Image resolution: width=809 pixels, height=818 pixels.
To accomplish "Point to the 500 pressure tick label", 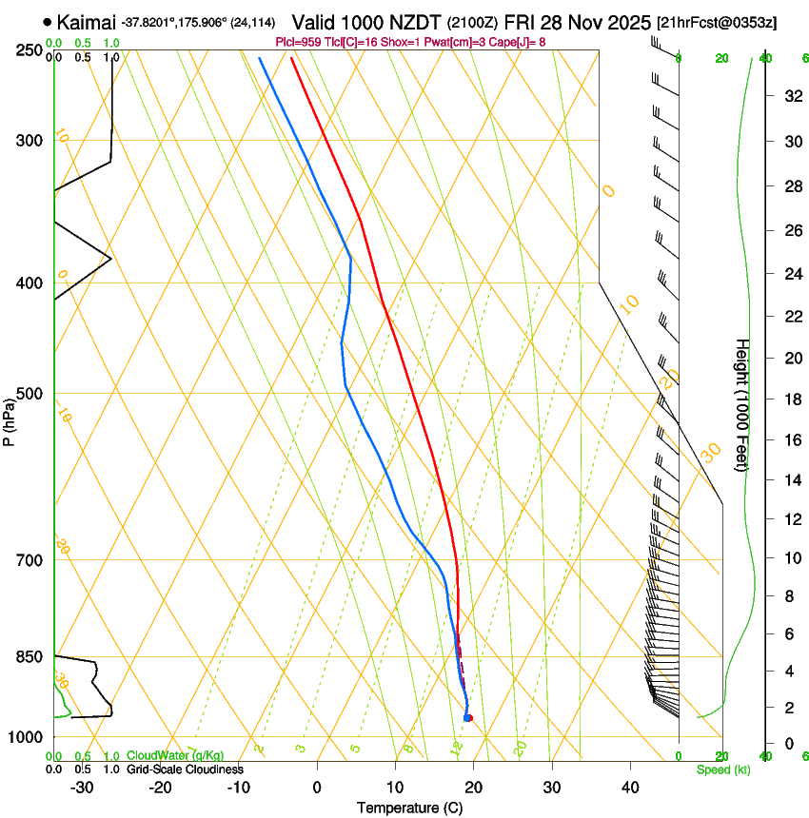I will pyautogui.click(x=30, y=394).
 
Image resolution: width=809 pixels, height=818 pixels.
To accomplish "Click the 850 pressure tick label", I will pyautogui.click(x=30, y=656).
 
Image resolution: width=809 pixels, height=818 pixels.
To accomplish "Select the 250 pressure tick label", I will pyautogui.click(x=30, y=50).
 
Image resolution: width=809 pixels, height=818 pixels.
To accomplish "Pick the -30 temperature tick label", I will pyautogui.click(x=82, y=787).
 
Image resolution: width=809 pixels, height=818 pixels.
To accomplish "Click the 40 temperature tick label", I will pyautogui.click(x=629, y=787).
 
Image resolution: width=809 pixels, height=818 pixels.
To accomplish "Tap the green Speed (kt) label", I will pyautogui.click(x=722, y=769).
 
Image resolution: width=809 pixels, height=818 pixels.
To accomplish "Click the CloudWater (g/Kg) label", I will pyautogui.click(x=176, y=755).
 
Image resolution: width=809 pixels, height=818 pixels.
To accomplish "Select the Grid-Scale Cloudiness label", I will pyautogui.click(x=185, y=769).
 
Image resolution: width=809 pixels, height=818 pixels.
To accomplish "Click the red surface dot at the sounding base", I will pyautogui.click(x=468, y=717).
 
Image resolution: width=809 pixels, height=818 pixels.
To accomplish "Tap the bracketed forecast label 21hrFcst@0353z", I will pyautogui.click(x=715, y=22).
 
